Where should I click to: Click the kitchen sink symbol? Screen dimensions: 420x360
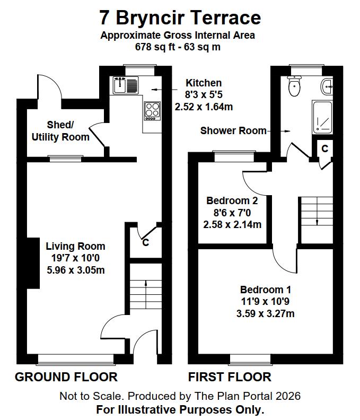pos(125,85)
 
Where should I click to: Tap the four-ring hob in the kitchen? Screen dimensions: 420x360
pos(152,110)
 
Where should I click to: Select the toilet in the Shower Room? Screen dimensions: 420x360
pos(294,86)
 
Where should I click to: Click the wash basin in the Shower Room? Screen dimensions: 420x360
pos(328,86)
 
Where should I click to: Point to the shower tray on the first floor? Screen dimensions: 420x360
pos(322,117)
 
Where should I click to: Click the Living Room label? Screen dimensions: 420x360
pos(75,246)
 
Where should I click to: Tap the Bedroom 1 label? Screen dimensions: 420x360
pos(266,290)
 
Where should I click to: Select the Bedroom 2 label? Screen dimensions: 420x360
pos(232,201)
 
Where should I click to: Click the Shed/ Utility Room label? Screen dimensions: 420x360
pos(60,131)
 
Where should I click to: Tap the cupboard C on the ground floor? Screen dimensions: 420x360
pos(145,243)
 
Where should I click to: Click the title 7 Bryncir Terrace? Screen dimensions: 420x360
pos(180,18)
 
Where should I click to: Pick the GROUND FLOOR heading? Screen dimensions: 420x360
pos(66,377)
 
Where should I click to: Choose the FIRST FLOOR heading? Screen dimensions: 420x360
pos(230,377)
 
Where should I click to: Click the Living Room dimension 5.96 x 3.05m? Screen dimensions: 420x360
pos(75,270)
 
